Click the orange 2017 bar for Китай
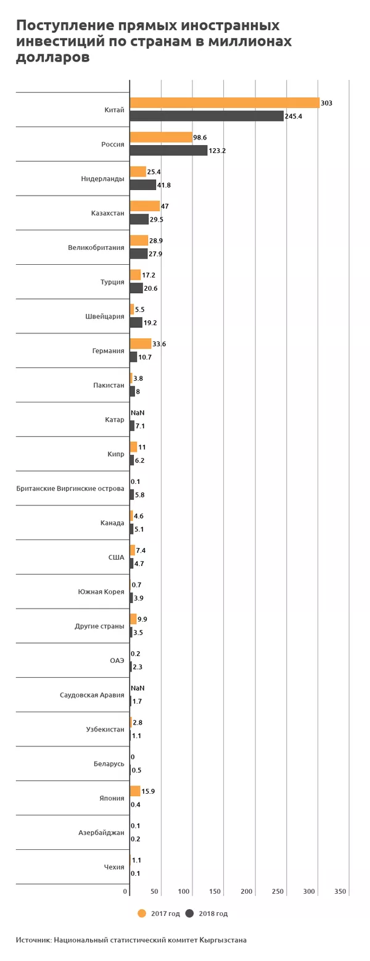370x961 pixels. [224, 103]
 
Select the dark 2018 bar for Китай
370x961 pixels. [207, 116]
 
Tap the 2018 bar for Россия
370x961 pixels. [168, 151]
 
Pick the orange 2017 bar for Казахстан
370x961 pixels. [144, 206]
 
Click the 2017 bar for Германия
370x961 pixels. [141, 344]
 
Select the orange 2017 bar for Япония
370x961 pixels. [135, 791]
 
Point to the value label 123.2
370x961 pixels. [217, 151]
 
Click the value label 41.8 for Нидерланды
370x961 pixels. [163, 185]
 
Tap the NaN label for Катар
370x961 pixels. [138, 413]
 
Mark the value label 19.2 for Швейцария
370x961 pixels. [150, 323]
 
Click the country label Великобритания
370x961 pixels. [96, 248]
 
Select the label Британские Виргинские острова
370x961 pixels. [70, 489]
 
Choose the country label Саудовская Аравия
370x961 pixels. [92, 695]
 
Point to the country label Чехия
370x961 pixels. [114, 867]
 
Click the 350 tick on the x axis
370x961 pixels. [340, 891]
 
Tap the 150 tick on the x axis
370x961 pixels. [215, 891]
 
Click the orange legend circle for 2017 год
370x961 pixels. [142, 913]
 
